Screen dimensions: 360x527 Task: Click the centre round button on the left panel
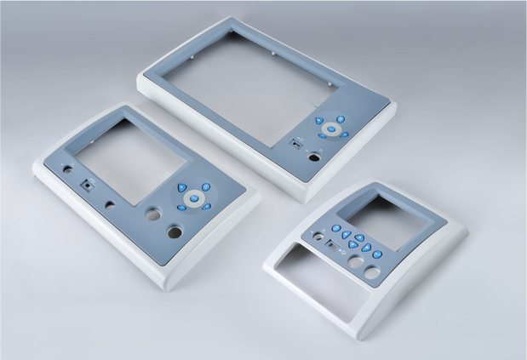[x=193, y=198]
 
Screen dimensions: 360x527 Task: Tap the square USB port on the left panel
[x=86, y=183]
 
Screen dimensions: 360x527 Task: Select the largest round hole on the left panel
[x=175, y=231]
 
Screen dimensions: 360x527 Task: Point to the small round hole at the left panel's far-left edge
[x=68, y=169]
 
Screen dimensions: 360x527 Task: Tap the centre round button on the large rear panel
[x=331, y=129]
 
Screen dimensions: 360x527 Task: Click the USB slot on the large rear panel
[x=295, y=144]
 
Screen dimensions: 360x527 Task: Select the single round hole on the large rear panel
[x=315, y=157]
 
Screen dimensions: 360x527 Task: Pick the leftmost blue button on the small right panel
[x=336, y=228]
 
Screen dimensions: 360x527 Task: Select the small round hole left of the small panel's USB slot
[x=320, y=237]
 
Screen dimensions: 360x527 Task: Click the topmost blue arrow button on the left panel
[x=205, y=186]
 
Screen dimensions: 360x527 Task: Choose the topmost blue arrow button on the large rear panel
[x=341, y=119]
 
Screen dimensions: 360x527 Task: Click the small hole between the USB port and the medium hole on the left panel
[x=111, y=205]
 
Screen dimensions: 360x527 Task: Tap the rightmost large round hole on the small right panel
[x=372, y=272]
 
